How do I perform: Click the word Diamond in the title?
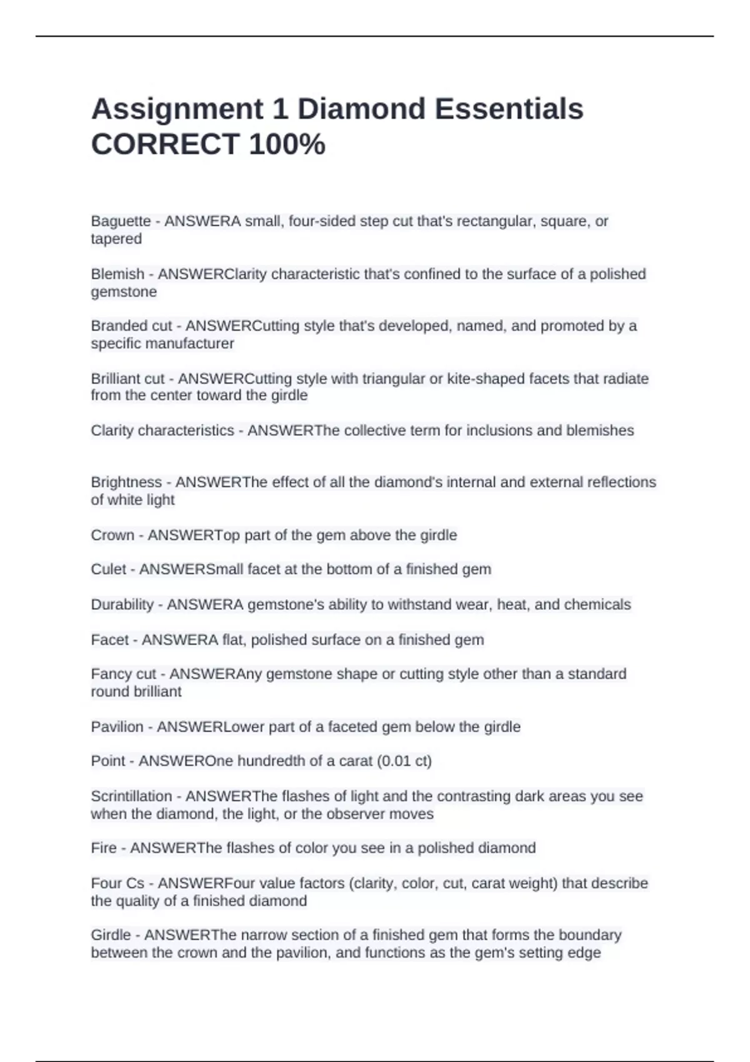[361, 109]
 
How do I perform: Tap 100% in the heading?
[287, 145]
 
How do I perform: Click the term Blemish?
[117, 274]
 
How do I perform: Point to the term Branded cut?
[131, 326]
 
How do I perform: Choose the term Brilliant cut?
[128, 379]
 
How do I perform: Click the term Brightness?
[126, 482]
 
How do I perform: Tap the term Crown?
[112, 535]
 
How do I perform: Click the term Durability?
[122, 605]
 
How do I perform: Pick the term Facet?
[110, 640]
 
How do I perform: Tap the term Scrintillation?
[131, 796]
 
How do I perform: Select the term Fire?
[104, 848]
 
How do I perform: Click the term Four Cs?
[117, 883]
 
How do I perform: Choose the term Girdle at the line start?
[111, 935]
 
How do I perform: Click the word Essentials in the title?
[509, 109]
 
